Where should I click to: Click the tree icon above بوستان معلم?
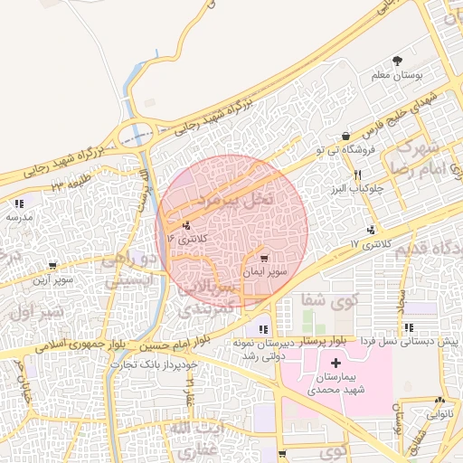pos(398,61)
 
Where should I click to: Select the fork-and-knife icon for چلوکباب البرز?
pos(357,175)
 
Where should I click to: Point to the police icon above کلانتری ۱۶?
pos(186,225)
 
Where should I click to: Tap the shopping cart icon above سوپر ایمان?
pos(264,260)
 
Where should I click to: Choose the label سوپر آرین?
pos(53,281)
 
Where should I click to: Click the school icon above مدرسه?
pos(19,203)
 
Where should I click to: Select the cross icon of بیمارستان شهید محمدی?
pos(336,363)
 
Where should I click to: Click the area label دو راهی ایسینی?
pos(129,270)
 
